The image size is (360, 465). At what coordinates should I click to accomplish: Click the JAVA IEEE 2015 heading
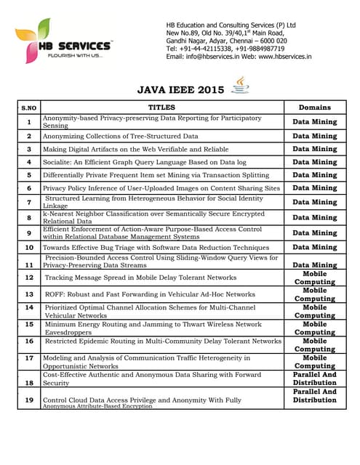click(181, 90)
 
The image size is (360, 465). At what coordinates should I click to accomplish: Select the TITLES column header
click(161, 107)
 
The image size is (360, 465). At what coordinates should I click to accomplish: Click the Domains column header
click(314, 107)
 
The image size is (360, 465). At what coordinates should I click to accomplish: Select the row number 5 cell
click(29, 175)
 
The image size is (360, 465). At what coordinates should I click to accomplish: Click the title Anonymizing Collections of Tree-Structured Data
click(120, 136)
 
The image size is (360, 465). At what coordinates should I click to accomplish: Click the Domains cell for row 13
click(314, 294)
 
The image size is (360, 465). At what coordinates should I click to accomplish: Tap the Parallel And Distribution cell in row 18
click(314, 379)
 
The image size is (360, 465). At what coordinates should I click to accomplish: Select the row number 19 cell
click(29, 400)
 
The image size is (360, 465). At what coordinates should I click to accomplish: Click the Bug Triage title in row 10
click(156, 248)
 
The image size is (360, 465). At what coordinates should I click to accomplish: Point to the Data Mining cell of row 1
click(314, 121)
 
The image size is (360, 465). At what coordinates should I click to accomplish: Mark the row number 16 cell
click(29, 341)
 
